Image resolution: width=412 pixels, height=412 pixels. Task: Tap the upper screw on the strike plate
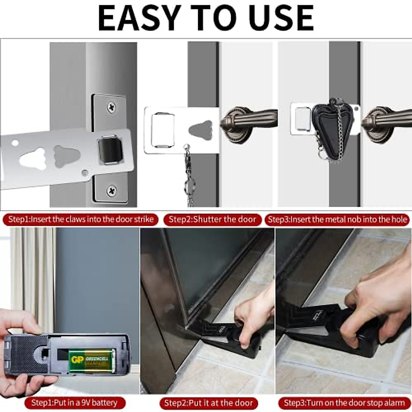coord(111,108)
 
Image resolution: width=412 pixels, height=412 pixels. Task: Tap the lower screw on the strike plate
coord(111,190)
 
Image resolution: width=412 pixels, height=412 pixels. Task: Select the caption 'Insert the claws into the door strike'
coord(81,219)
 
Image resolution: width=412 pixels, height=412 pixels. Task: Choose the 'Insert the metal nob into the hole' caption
coord(337,219)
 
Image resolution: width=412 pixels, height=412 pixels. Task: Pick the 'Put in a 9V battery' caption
coord(75,402)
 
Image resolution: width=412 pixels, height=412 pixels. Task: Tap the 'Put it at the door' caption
coord(208,402)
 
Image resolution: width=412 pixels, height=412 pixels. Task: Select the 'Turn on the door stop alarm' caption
coord(345,402)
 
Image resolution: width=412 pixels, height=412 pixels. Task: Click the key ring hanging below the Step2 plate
coord(189,187)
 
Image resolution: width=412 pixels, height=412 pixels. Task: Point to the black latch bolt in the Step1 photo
coord(110,149)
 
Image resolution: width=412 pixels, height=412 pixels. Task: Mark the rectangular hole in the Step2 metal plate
coord(163,130)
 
